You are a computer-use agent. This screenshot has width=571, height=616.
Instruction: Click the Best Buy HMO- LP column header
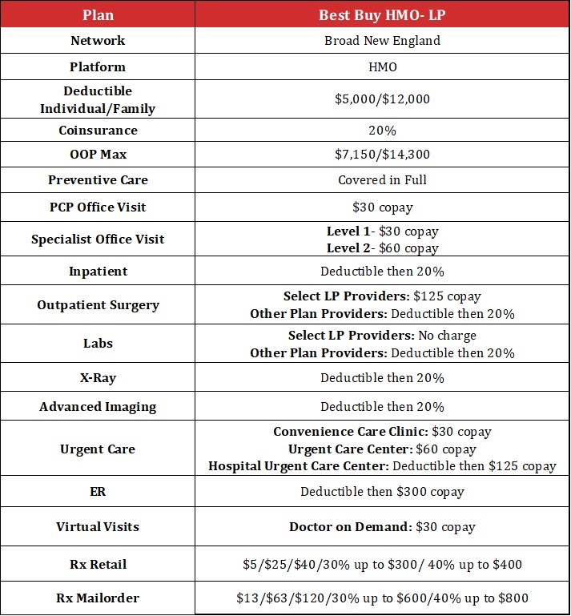(382, 15)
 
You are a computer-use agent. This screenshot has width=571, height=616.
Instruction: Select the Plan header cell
(98, 15)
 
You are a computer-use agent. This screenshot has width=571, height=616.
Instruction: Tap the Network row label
(98, 41)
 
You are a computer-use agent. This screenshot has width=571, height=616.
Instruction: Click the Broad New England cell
(382, 41)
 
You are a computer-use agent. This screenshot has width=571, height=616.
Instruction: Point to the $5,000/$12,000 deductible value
(382, 99)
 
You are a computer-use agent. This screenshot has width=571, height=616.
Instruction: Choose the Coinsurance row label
(98, 130)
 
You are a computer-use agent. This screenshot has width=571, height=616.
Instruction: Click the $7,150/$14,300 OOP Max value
(382, 155)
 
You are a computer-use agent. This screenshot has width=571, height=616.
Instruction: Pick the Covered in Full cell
(382, 180)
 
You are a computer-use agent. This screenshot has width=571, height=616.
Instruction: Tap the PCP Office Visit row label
(98, 207)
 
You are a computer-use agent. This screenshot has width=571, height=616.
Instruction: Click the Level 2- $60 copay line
(383, 248)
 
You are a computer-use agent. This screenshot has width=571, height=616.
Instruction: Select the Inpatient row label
(98, 271)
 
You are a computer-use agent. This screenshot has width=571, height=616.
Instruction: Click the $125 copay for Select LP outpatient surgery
(447, 296)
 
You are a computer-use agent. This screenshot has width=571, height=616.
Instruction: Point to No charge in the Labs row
(447, 336)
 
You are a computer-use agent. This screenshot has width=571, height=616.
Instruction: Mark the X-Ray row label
(98, 378)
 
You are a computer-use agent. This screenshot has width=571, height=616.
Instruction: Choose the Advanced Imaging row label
(98, 407)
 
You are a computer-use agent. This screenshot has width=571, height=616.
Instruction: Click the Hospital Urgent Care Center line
(382, 466)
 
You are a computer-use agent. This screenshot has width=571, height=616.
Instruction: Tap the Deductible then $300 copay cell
(382, 492)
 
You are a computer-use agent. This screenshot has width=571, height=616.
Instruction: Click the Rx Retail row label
(98, 565)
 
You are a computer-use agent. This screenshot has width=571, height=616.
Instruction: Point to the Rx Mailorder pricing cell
(382, 598)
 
